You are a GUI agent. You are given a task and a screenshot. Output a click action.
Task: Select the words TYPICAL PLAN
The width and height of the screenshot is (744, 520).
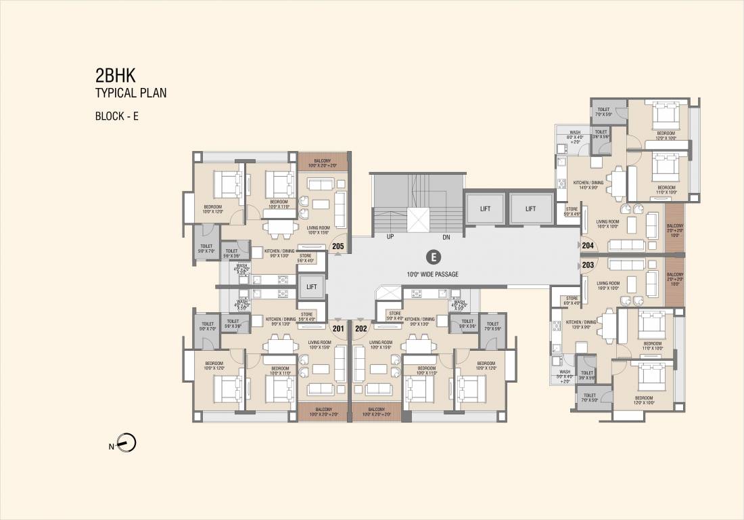point(131,93)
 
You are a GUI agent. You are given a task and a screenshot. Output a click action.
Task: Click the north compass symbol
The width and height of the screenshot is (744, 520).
point(126,444)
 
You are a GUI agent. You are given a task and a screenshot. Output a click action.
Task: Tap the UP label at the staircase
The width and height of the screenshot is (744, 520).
point(390,238)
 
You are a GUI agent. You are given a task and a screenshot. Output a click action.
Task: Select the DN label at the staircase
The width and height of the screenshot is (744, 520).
point(446,238)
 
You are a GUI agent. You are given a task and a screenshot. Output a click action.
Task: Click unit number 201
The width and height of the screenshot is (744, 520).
point(339,329)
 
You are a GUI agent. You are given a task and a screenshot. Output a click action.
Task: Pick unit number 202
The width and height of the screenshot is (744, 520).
point(361,329)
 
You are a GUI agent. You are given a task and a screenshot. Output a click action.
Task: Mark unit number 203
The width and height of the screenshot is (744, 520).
point(588,265)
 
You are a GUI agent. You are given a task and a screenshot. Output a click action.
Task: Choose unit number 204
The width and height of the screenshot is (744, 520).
point(588,246)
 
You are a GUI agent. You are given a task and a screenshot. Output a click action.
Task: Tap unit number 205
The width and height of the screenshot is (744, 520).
point(338,246)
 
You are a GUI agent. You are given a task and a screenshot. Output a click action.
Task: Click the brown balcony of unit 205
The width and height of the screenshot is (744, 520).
point(322,162)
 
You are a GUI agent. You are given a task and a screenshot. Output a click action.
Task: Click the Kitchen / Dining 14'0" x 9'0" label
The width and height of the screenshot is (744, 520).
point(588,185)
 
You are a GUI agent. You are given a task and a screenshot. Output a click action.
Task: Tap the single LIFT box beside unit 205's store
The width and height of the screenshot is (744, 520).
point(312,287)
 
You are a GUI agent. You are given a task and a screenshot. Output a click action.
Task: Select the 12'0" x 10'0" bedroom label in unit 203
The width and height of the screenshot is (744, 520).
point(643,400)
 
